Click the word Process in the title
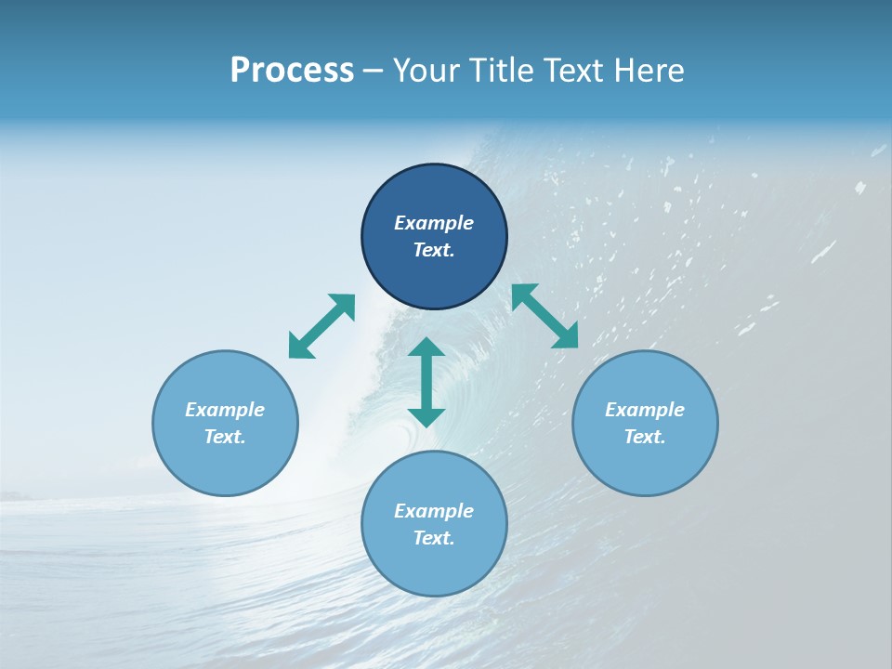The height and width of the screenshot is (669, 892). coord(292,71)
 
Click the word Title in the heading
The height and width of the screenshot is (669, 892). coord(500,71)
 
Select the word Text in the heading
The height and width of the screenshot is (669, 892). coord(573,71)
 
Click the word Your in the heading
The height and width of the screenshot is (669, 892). coord(426,71)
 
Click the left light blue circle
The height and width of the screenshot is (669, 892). coord(225,465)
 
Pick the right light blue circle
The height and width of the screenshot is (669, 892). coord(645,465)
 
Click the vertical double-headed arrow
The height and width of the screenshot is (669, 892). coord(426,382)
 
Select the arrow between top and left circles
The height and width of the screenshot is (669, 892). coord(321,326)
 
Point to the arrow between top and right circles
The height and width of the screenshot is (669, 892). coord(544,316)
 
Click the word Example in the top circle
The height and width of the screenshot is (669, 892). coord(434,223)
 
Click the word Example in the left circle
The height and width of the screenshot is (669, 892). coord(225,410)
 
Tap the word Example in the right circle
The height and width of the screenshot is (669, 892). coord(645,410)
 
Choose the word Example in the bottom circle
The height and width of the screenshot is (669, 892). coord(434,511)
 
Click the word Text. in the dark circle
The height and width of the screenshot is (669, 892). coord(434,250)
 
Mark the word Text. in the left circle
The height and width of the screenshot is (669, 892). coord(225,437)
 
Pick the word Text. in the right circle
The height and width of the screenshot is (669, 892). coord(645,437)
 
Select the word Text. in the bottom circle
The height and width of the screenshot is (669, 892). coord(434,538)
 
